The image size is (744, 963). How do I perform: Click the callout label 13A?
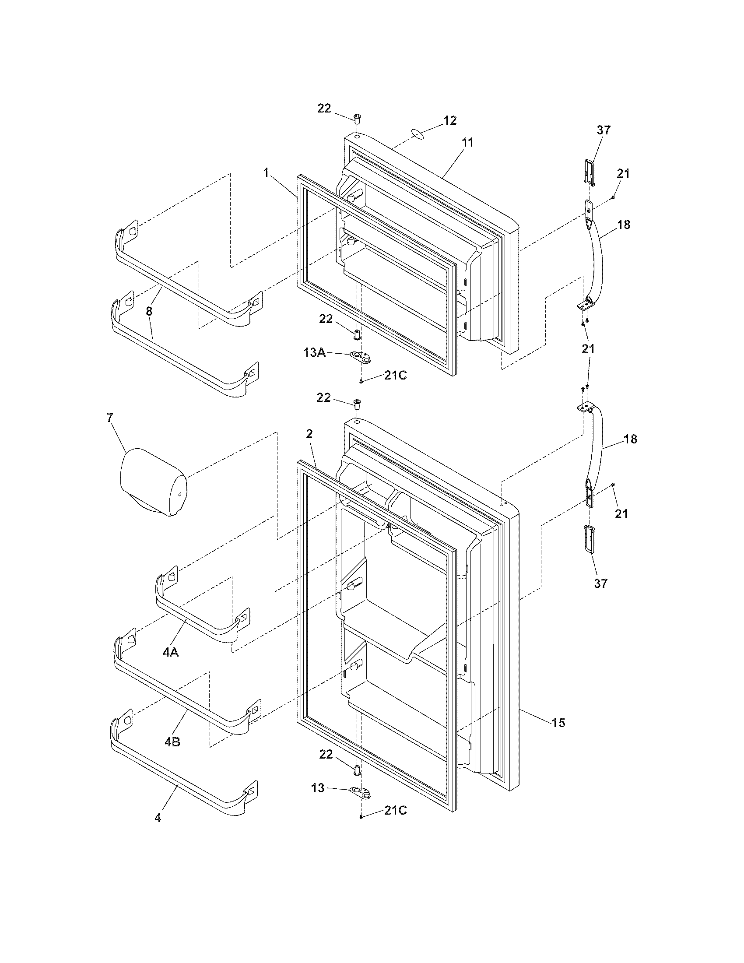click(x=314, y=352)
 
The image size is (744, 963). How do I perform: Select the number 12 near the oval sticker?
click(x=449, y=121)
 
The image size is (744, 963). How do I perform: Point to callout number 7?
click(x=110, y=418)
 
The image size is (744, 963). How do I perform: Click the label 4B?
click(x=172, y=742)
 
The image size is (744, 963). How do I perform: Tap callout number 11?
click(x=467, y=142)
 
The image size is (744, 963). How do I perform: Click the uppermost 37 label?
click(x=604, y=130)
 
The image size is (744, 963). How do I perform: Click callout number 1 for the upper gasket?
click(x=266, y=173)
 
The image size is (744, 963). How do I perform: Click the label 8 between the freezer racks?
click(x=149, y=311)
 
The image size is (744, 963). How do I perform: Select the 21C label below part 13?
click(x=395, y=810)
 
